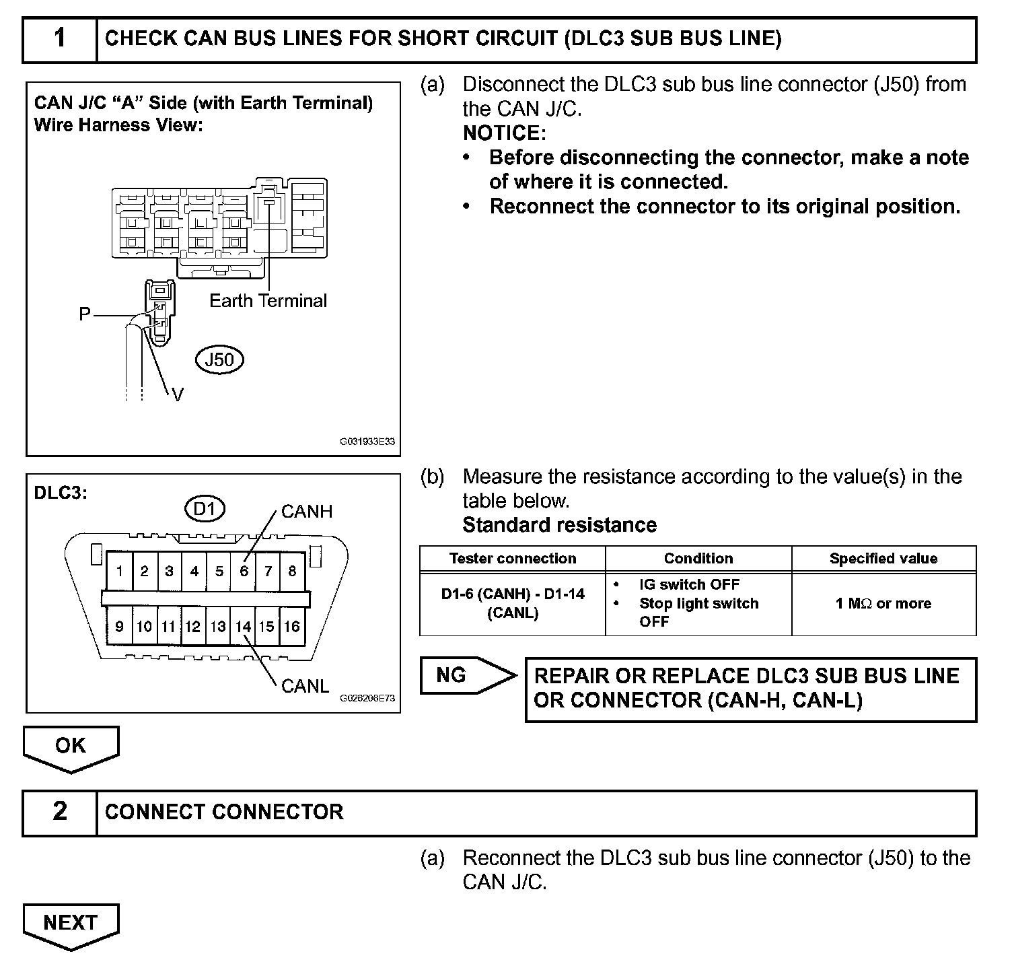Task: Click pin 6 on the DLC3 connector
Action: coord(244,572)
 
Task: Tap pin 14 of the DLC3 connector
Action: coord(243,627)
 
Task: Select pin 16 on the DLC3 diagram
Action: coord(291,627)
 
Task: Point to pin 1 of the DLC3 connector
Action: coord(120,572)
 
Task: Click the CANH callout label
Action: coord(307,512)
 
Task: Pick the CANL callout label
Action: coord(305,686)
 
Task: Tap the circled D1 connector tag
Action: coord(205,509)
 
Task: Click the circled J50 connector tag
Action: coord(219,359)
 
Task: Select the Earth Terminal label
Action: coord(268,300)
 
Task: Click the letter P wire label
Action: coord(85,314)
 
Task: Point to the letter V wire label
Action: coord(178,395)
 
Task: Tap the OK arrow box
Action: coord(71,746)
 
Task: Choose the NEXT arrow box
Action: coord(71,922)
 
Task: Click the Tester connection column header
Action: coord(513,558)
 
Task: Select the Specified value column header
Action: coord(883,558)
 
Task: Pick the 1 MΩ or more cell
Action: coord(883,603)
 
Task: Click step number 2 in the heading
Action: coord(60,811)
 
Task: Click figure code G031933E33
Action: coord(367,442)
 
